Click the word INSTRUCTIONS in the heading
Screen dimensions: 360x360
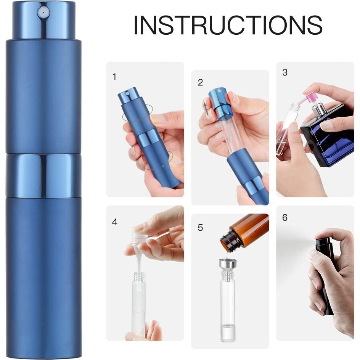228,26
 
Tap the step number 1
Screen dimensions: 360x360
114,77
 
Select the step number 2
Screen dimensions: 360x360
201,82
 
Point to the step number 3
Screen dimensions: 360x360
284,72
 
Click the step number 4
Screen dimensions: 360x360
114,222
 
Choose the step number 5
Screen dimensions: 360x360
201,228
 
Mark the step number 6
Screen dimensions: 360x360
284,218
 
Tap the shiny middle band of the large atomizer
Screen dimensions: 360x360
43,175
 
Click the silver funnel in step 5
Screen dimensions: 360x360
228,264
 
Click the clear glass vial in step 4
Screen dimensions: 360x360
139,305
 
